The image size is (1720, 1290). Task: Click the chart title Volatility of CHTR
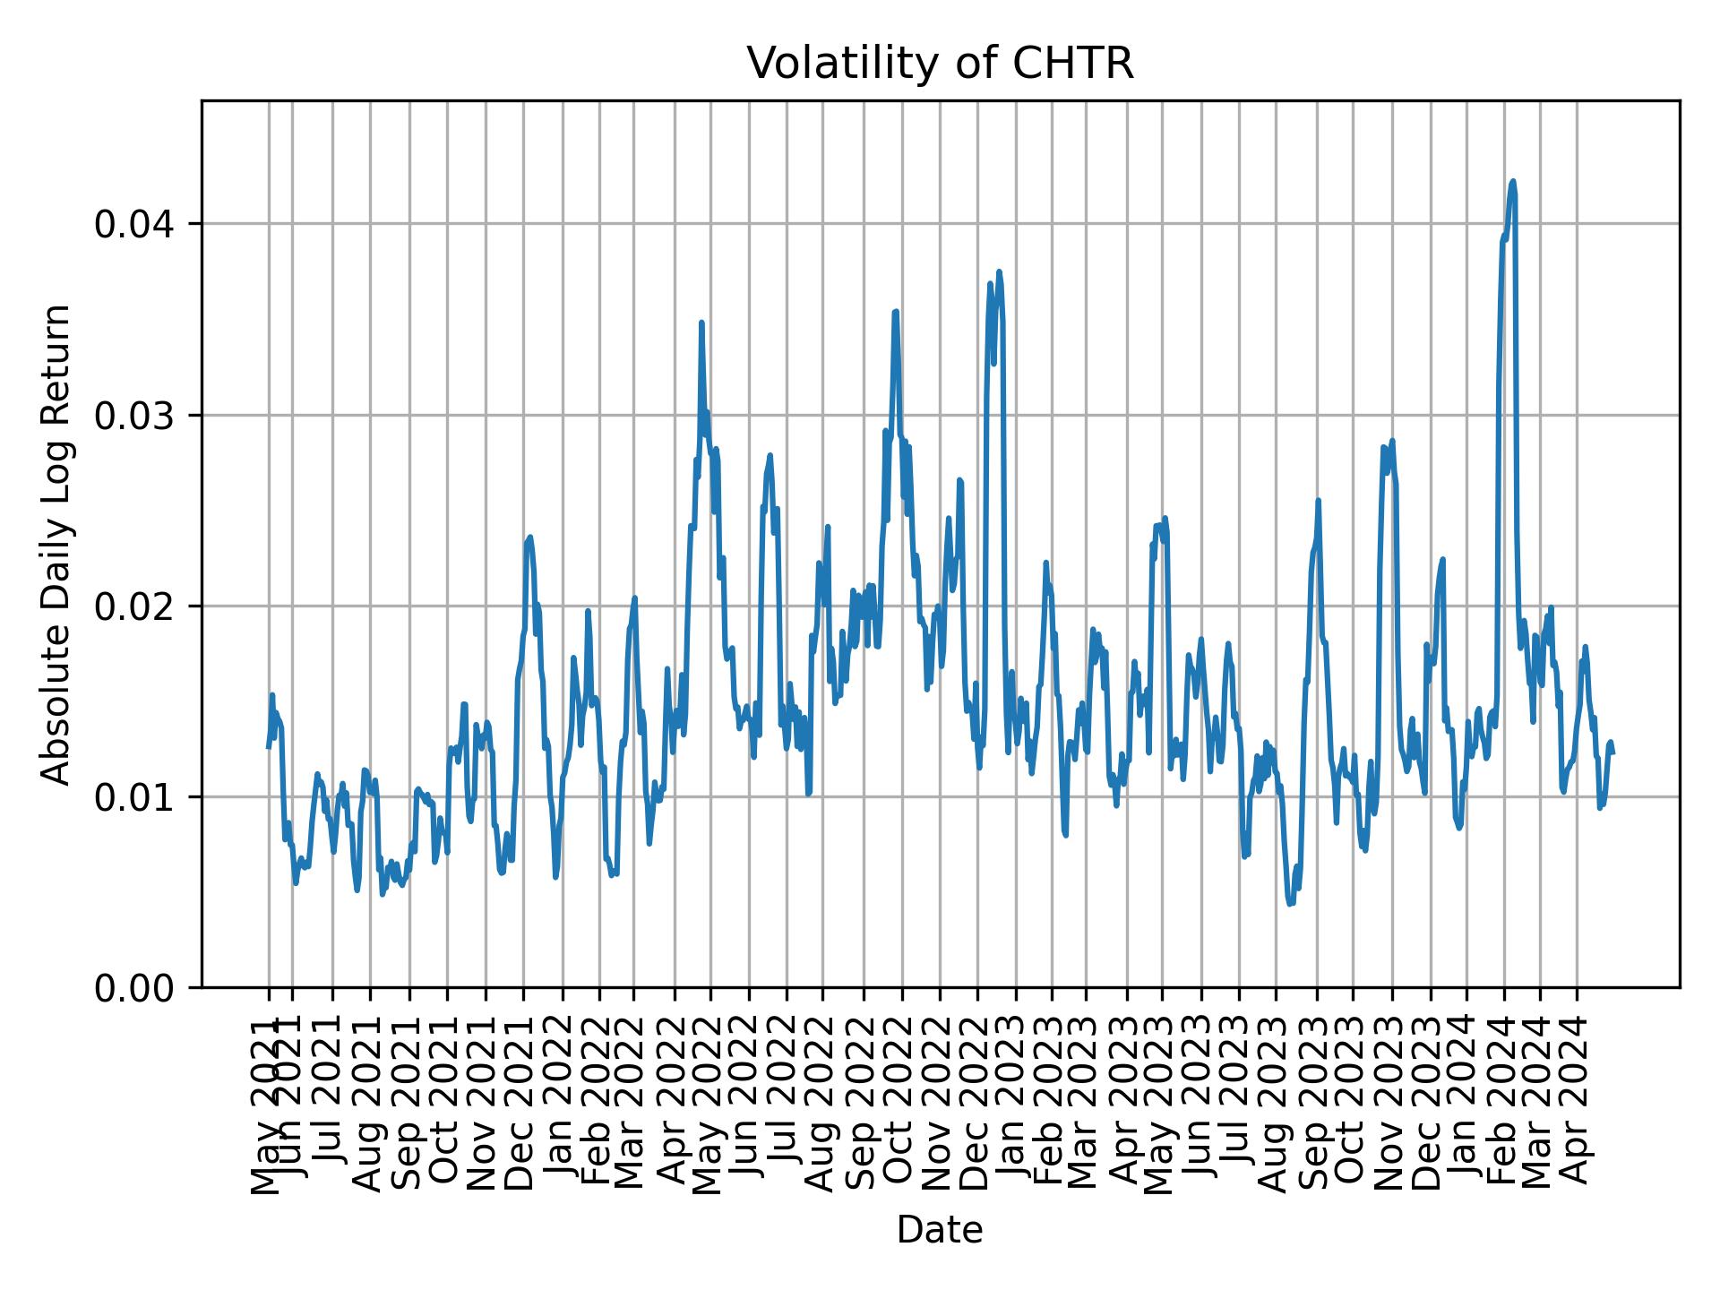tap(940, 64)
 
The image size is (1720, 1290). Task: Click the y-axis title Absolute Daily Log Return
tap(56, 545)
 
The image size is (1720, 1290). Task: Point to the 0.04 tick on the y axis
tap(133, 224)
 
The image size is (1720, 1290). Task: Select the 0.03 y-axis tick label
tap(133, 415)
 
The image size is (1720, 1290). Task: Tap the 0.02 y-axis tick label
tap(133, 606)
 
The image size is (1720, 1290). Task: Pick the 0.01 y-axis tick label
tap(133, 797)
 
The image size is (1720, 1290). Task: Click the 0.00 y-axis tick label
tap(133, 988)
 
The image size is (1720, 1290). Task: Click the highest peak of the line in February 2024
tap(1513, 181)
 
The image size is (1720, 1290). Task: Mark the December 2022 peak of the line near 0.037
tap(999, 271)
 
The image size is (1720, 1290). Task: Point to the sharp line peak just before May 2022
tap(701, 322)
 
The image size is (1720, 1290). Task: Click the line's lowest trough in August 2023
tap(1290, 904)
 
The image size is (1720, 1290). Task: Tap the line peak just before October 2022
tap(895, 312)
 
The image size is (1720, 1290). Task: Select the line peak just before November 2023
tap(1392, 441)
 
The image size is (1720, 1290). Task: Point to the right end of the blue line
tap(1612, 753)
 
